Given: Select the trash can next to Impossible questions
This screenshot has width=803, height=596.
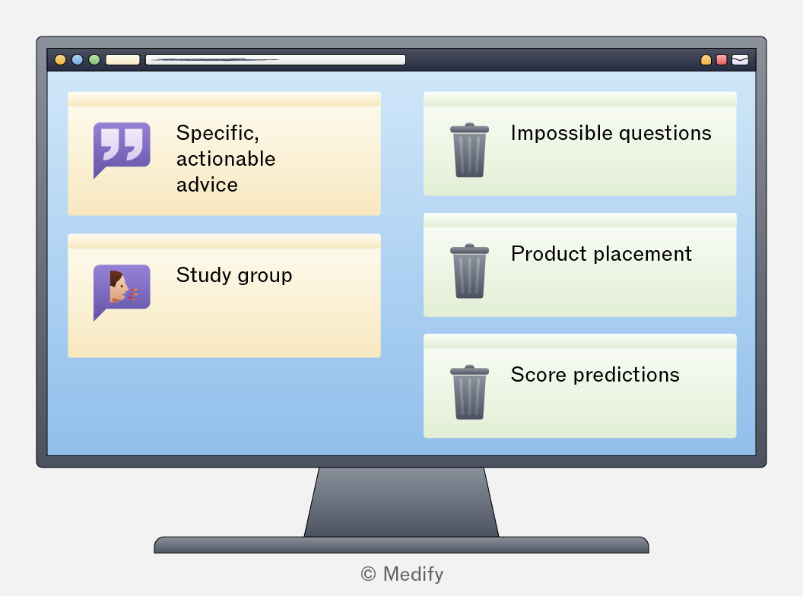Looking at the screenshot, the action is [x=470, y=150].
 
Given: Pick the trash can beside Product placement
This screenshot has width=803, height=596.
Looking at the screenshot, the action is [x=470, y=271].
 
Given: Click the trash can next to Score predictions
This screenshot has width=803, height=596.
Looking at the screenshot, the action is [x=470, y=392].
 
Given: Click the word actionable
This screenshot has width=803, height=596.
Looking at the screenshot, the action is [x=226, y=159].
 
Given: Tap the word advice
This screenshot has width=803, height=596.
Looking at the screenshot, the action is [x=207, y=185].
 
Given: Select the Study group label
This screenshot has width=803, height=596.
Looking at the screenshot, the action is [x=234, y=275].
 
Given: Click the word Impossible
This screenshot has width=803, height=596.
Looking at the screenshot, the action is [x=562, y=133].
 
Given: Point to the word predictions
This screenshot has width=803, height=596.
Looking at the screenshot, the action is [x=627, y=375].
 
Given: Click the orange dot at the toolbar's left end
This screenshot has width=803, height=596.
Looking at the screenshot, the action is [x=60, y=60].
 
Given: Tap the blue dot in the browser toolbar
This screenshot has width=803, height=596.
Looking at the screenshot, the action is [x=78, y=60].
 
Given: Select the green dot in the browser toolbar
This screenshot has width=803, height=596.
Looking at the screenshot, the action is [x=94, y=60].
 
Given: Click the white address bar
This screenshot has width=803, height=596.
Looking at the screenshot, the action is [x=275, y=60].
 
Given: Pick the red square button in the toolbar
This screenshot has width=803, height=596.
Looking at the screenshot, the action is [x=722, y=60].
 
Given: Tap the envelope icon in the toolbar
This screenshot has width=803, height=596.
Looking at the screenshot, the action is [x=740, y=60].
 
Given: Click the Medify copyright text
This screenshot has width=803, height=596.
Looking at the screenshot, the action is [x=402, y=574].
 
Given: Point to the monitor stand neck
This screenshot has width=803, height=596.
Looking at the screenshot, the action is [x=401, y=502].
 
